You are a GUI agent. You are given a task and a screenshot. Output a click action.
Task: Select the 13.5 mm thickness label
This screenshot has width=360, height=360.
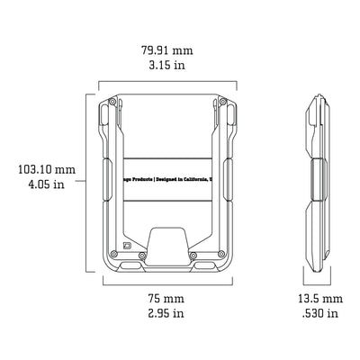(x=319, y=298)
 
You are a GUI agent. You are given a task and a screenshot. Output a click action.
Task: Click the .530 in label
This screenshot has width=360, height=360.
(x=319, y=313)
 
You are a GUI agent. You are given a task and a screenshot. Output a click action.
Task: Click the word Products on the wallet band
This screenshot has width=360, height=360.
(x=139, y=178)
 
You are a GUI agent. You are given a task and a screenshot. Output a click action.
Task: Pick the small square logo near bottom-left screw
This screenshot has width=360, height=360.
(x=127, y=246)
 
